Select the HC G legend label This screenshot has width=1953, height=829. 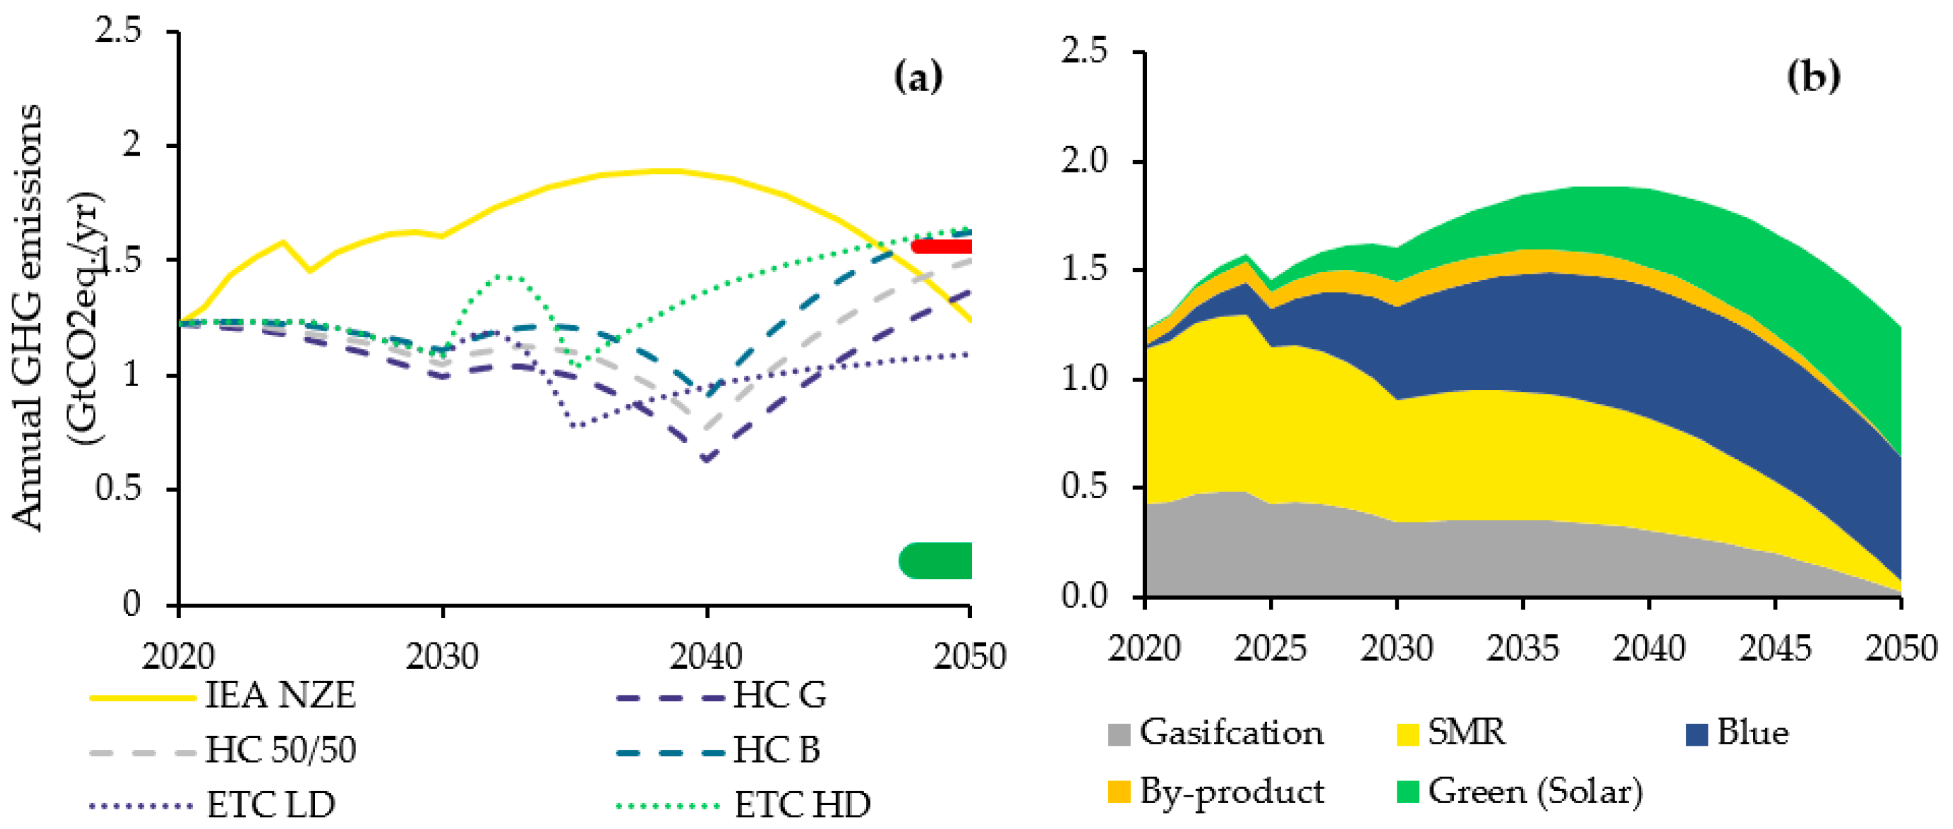point(780,695)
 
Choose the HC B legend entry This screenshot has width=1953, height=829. point(776,750)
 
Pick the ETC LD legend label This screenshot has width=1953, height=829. point(270,804)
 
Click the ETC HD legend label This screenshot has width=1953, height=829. point(802,804)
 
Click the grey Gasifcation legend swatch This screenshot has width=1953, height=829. point(1119,734)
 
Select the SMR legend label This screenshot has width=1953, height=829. point(1466,733)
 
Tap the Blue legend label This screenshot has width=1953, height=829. point(1752,733)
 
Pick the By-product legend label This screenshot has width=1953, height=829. point(1232,792)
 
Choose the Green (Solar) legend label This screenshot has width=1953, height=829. point(1535,792)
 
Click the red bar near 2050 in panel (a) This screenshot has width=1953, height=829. point(942,247)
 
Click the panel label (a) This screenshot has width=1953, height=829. point(918,77)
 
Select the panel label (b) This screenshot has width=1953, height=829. point(1813,77)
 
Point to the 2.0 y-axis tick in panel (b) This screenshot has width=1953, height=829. point(1084,161)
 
